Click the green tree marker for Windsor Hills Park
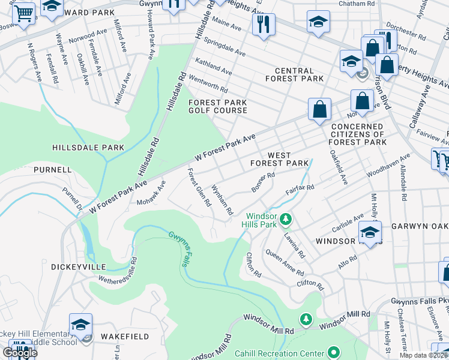[x=287, y=218]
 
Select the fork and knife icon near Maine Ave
[x=264, y=25]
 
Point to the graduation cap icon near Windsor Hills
[x=370, y=232]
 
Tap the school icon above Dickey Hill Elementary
[x=80, y=325]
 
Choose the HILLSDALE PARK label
[x=88, y=148]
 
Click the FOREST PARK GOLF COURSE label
[x=218, y=106]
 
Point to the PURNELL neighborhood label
[x=53, y=170]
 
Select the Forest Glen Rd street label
[x=199, y=187]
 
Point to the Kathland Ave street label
[x=213, y=67]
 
